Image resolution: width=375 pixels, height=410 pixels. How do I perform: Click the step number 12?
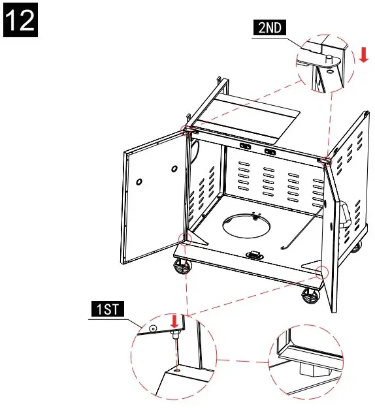click(x=21, y=20)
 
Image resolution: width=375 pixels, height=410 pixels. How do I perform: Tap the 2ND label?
click(x=269, y=27)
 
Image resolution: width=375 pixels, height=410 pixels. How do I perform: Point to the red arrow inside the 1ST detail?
click(x=174, y=322)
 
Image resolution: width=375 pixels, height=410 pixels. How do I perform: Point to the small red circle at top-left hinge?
click(x=186, y=129)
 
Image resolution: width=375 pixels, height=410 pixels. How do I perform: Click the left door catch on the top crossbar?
click(x=246, y=148)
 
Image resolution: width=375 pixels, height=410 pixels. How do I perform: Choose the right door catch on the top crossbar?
click(x=269, y=151)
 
